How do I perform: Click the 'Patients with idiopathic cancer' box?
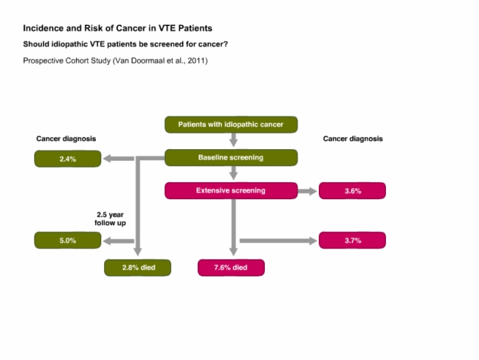coord(231,125)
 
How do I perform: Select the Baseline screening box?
coord(231,157)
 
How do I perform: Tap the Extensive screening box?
coord(231,191)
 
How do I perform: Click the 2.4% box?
coord(68,159)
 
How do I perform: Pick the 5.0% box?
coord(68,240)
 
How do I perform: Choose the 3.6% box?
coord(352,191)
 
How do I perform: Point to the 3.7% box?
coord(352,240)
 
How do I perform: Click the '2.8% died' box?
coord(138,268)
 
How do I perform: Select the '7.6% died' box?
coord(231,268)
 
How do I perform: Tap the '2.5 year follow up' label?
coord(110,219)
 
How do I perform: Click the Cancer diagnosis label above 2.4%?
coord(66,139)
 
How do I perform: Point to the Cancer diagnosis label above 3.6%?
coord(353,139)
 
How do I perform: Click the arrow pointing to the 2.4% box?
coord(118,159)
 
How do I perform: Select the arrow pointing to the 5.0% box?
coord(118,241)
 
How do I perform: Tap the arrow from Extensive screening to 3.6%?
coord(307,192)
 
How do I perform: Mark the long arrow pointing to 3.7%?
coord(279,241)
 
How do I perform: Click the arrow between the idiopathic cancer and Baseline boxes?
coord(233,140)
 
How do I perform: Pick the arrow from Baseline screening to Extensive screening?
coord(233,173)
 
